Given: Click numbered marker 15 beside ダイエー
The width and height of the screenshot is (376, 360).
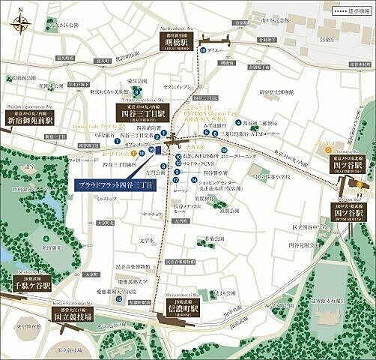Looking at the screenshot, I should click(x=203, y=50).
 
